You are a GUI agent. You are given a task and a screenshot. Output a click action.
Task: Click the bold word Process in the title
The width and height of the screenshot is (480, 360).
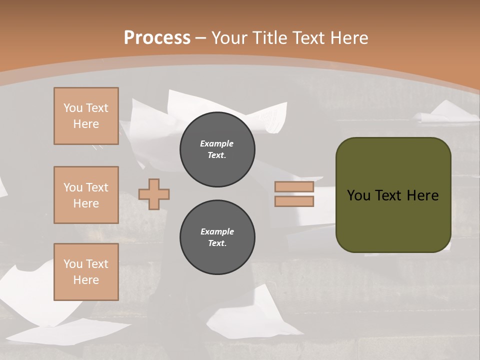(x=157, y=38)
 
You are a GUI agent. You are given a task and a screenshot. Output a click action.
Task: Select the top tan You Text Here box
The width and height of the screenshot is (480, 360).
(x=86, y=116)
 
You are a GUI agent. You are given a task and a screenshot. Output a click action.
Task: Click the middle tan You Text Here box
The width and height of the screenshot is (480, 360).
(x=86, y=195)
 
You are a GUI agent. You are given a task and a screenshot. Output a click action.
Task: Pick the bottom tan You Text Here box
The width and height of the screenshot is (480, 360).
(x=86, y=272)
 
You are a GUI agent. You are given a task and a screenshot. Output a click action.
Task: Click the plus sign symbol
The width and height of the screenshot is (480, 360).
(x=154, y=194)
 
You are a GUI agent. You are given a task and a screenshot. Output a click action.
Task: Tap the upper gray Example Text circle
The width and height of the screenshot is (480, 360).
(x=217, y=149)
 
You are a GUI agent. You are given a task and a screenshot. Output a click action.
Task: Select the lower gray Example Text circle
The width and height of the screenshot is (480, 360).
(x=217, y=237)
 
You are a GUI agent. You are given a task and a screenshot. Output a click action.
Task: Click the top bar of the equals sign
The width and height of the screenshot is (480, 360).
(x=294, y=187)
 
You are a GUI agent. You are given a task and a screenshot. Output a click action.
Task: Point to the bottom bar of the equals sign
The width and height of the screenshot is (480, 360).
(x=294, y=201)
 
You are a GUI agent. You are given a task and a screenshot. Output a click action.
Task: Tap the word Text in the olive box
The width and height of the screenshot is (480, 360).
(x=388, y=195)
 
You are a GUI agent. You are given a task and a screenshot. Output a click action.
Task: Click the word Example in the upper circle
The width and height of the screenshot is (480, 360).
(x=217, y=143)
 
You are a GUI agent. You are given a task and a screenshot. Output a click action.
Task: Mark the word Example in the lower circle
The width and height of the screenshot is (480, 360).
(x=217, y=231)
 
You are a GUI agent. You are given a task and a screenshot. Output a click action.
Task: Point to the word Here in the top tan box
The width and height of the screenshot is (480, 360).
(x=86, y=124)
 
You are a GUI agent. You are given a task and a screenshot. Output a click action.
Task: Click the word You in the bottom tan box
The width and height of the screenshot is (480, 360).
(x=73, y=264)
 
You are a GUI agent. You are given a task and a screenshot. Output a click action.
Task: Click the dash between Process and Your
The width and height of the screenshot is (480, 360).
(x=201, y=38)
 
